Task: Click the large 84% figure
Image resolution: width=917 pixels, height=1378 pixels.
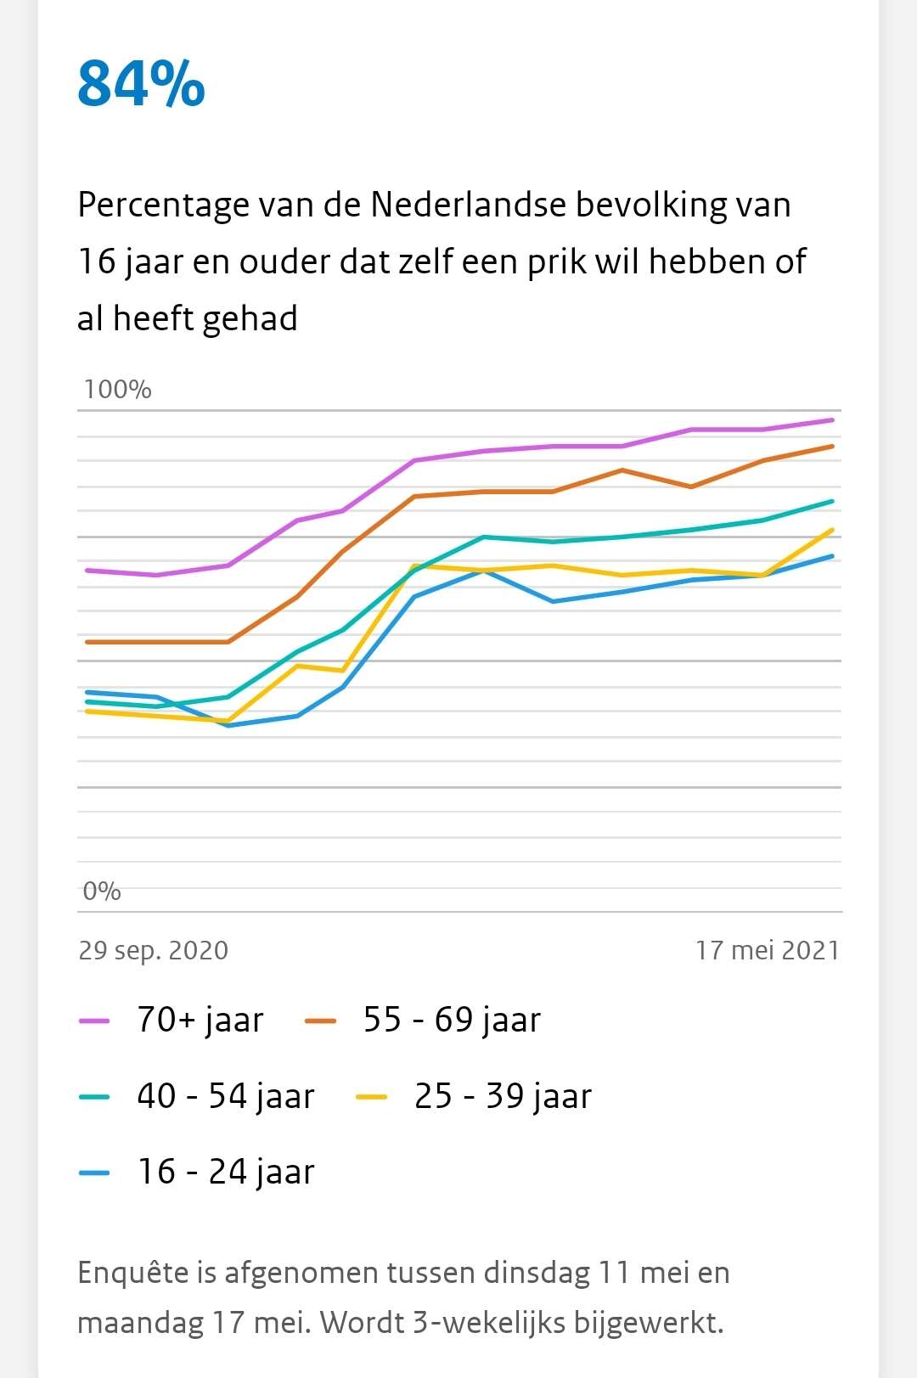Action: [x=141, y=84]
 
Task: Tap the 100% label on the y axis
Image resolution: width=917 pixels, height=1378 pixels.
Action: [x=117, y=390]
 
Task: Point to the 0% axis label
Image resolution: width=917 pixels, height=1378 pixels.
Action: [x=102, y=891]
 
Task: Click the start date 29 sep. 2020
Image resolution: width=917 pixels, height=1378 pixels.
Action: [x=154, y=950]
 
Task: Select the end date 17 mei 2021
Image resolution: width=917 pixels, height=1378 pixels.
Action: [x=768, y=950]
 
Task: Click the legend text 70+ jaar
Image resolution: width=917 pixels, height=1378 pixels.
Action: [x=200, y=1020]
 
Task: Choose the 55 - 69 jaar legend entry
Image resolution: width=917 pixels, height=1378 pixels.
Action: [x=452, y=1020]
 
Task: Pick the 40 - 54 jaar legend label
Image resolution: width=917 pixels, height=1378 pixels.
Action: [x=226, y=1096]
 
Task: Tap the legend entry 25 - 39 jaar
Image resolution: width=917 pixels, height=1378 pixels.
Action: [x=503, y=1096]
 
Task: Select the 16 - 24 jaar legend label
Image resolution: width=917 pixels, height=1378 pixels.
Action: [x=226, y=1172]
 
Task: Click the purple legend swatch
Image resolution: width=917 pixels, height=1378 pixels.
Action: [x=94, y=1021]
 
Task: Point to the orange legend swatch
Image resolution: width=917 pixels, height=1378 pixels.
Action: [x=320, y=1021]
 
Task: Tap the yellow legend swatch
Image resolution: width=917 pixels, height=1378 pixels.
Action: [x=371, y=1097]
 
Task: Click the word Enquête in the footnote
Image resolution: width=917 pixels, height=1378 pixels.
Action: [x=132, y=1272]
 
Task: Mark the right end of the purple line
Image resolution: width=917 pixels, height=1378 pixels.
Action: [x=833, y=420]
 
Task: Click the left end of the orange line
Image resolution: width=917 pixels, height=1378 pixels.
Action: [x=87, y=642]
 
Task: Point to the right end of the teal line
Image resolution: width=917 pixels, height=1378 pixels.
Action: [x=833, y=502]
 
